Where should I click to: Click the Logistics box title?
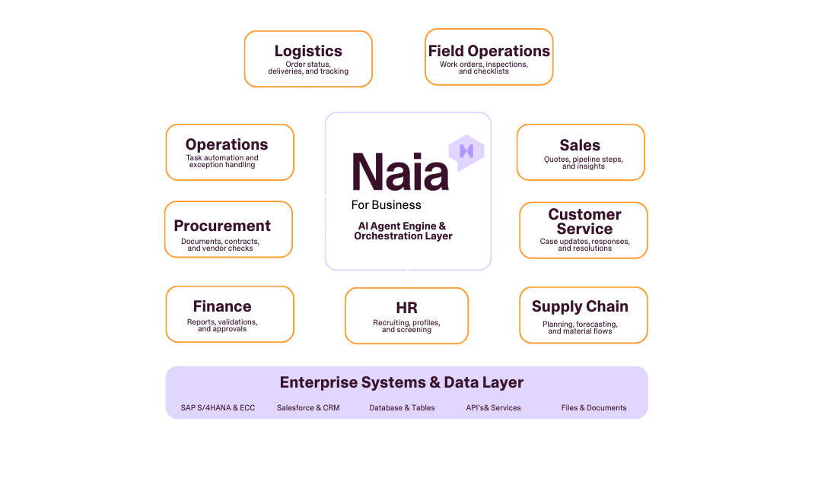pyautogui.click(x=308, y=52)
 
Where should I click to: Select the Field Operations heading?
pyautogui.click(x=489, y=52)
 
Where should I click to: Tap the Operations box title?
pyautogui.click(x=227, y=144)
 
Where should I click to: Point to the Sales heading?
pyautogui.click(x=580, y=145)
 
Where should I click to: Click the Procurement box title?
pyautogui.click(x=222, y=226)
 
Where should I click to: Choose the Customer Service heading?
pyautogui.click(x=584, y=222)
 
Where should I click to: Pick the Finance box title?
pyautogui.click(x=222, y=306)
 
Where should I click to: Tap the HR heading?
pyautogui.click(x=406, y=308)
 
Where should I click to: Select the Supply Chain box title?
pyautogui.click(x=580, y=306)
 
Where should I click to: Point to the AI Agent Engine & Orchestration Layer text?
pyautogui.click(x=403, y=231)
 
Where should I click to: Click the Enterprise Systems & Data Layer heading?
pyautogui.click(x=402, y=382)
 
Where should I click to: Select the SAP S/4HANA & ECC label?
pyautogui.click(x=218, y=408)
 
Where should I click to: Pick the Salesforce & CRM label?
pyautogui.click(x=308, y=408)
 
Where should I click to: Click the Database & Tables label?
pyautogui.click(x=403, y=408)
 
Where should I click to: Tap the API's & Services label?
pyautogui.click(x=494, y=408)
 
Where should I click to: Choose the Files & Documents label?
pyautogui.click(x=594, y=408)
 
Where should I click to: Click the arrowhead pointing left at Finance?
pyautogui.click(x=299, y=313)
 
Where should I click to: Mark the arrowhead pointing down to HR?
pyautogui.click(x=406, y=283)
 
